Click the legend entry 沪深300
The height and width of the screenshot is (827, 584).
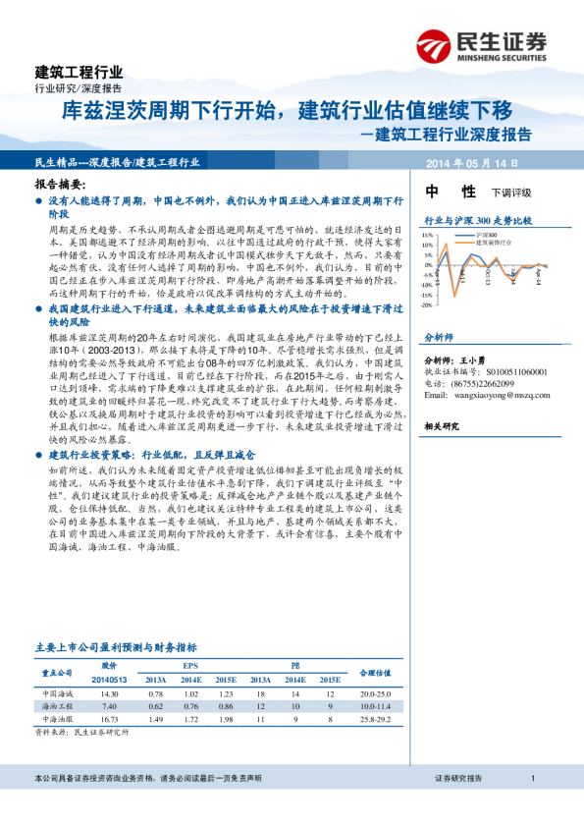pos(489,236)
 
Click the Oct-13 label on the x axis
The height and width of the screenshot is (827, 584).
pos(488,274)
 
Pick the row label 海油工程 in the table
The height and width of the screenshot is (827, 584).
pos(57,706)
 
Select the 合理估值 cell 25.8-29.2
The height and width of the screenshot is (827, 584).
pos(375,719)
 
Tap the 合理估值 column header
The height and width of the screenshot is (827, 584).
pos(375,673)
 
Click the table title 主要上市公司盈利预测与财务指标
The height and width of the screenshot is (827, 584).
pos(116,647)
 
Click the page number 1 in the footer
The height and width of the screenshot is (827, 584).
pos(531,778)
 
